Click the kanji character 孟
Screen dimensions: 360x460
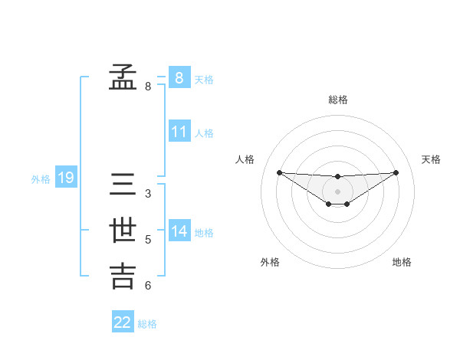coord(123,77)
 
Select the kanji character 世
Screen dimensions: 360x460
coord(123,231)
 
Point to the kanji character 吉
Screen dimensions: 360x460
coord(123,277)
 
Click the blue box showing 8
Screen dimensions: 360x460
coord(179,77)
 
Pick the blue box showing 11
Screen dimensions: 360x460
coord(179,132)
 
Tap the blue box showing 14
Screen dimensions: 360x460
coord(179,231)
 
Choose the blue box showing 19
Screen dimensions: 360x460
coord(66,178)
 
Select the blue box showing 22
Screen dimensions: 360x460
coord(123,322)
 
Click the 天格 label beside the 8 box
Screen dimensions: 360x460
coord(204,79)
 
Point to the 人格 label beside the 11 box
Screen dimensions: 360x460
coord(204,133)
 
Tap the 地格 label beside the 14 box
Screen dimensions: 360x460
coord(204,233)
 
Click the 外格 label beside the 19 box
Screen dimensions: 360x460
coord(41,180)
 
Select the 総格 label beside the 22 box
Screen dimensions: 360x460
coord(147,324)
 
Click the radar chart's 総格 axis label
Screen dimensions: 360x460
coord(338,100)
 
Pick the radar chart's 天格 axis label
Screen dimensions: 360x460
coord(431,159)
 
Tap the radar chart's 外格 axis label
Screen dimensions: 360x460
coord(270,262)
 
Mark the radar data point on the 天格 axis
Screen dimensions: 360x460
coord(396,172)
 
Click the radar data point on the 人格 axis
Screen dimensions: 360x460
coord(279,172)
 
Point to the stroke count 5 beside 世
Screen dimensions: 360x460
coord(148,240)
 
